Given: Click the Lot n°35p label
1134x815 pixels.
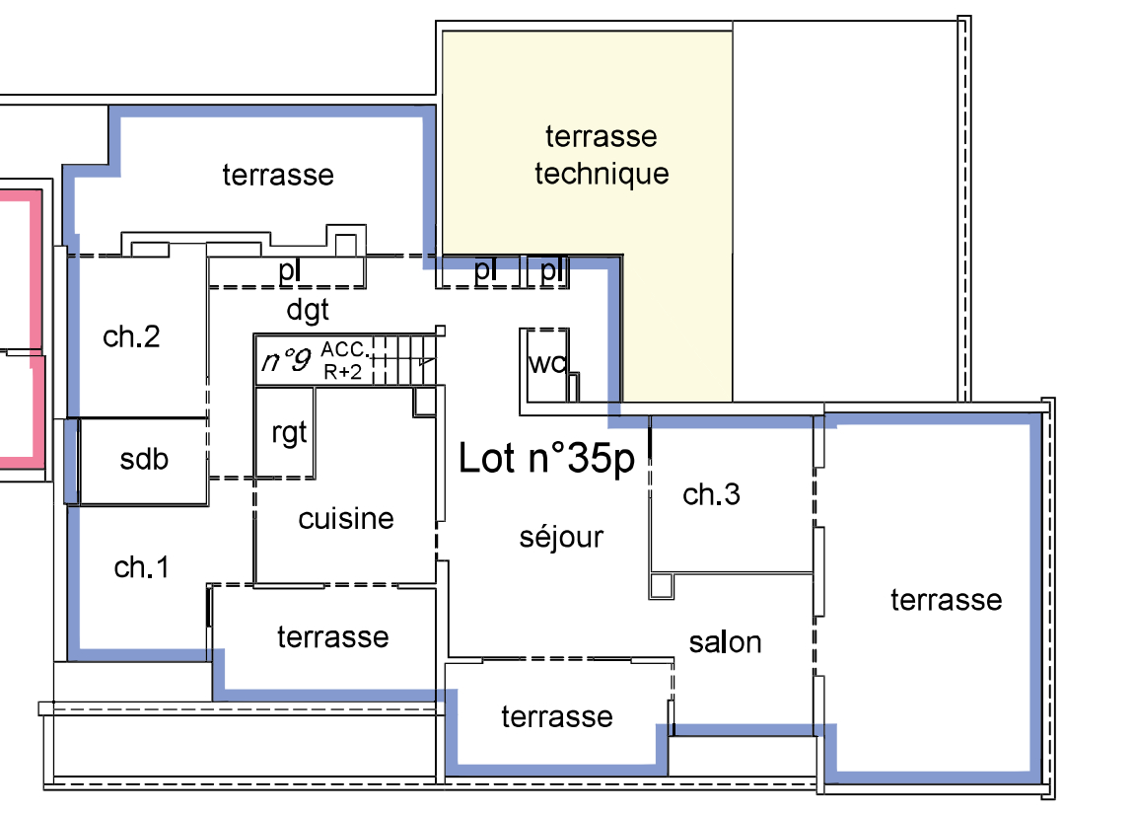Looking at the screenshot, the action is tap(546, 459).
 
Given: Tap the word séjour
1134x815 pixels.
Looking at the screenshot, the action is tap(561, 537).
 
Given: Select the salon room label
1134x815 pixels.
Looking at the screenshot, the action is tap(725, 642).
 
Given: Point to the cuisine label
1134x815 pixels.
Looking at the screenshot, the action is tap(346, 518).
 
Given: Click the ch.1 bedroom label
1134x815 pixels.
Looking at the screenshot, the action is tap(142, 567).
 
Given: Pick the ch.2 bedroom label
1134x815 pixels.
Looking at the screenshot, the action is tap(131, 336).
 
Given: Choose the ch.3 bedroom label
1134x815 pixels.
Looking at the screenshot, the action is tap(711, 494).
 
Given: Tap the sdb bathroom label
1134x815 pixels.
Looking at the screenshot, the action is tap(144, 459).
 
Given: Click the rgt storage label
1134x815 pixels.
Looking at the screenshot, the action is tap(289, 433).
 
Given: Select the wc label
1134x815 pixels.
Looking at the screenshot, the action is tap(547, 363).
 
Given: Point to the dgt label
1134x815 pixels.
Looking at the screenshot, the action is tap(308, 311).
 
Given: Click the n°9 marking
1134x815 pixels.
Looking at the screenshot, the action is tap(286, 359).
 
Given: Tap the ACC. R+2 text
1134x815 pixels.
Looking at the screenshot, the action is tap(343, 360).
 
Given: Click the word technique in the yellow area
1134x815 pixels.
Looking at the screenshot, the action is tap(602, 174).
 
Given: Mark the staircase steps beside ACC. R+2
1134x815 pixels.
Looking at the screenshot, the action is tap(405, 359).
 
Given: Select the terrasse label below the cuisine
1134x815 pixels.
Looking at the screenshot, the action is tap(332, 637).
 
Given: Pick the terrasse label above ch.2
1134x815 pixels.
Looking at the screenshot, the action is tap(278, 175).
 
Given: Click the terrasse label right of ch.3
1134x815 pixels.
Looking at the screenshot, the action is tap(946, 599).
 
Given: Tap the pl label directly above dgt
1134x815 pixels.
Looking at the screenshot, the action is tap(289, 270).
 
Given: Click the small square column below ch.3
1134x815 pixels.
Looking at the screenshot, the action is tap(661, 585).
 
